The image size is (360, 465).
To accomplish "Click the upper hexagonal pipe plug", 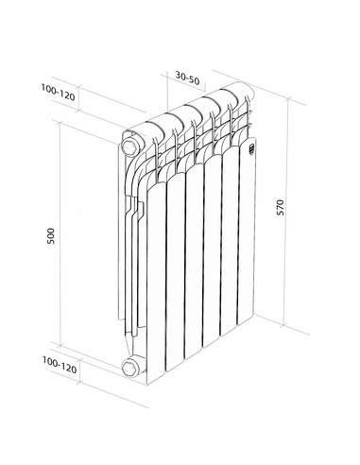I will [129, 146].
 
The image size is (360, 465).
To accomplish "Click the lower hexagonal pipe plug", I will [129, 367].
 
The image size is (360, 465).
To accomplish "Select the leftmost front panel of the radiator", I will [154, 284].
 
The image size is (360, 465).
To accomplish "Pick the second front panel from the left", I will [175, 274].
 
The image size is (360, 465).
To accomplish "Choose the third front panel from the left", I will [194, 265].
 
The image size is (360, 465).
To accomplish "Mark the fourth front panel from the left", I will [213, 255].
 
